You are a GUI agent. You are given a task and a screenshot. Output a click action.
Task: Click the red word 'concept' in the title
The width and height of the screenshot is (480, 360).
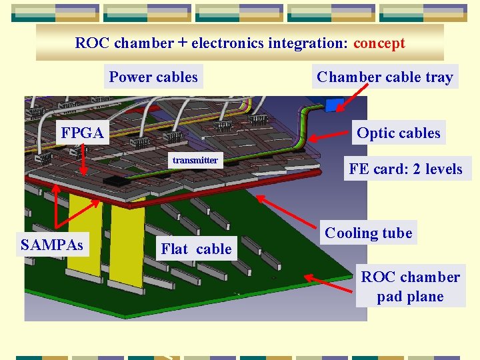[379, 43]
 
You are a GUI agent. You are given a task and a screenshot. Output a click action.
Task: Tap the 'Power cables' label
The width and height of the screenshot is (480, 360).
[153, 77]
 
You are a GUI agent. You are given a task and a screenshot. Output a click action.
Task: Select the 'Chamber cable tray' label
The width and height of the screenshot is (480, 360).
[385, 77]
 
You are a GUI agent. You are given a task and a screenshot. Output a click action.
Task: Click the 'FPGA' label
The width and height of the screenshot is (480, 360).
[82, 133]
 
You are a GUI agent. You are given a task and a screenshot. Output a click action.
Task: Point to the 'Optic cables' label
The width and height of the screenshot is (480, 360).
[398, 133]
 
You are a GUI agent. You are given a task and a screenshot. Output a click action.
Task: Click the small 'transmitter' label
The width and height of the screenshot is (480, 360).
[195, 160]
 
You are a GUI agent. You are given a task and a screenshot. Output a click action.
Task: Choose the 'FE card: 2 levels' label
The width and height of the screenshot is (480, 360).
[405, 169]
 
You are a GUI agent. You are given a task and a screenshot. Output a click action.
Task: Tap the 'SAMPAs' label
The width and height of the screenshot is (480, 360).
[52, 245]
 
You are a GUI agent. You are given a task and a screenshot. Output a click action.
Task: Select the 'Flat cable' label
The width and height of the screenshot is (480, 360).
[196, 249]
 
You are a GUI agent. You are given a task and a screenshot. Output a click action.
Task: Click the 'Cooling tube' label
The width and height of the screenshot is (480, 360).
[368, 233]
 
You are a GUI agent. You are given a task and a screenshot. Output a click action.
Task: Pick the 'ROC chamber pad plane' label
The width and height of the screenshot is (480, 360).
[410, 287]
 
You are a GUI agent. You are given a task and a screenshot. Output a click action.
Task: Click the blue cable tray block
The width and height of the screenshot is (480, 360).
[334, 105]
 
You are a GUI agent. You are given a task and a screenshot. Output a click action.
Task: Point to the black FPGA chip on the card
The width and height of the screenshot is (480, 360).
[116, 180]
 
